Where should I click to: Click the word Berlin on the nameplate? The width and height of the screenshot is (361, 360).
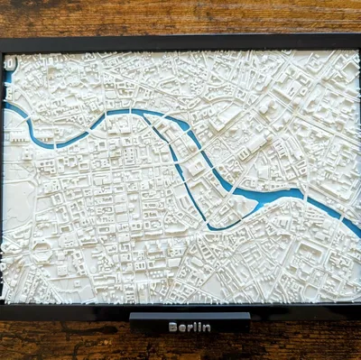pos(190,328)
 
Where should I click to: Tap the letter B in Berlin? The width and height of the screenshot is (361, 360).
pos(172,328)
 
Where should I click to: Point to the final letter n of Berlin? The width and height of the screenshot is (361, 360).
pos(208,328)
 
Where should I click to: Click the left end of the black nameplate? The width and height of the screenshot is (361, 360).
pos(133,318)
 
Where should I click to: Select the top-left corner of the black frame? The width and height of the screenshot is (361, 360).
pos(2,41)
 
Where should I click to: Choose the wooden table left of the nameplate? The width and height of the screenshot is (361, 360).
pos(63,338)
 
